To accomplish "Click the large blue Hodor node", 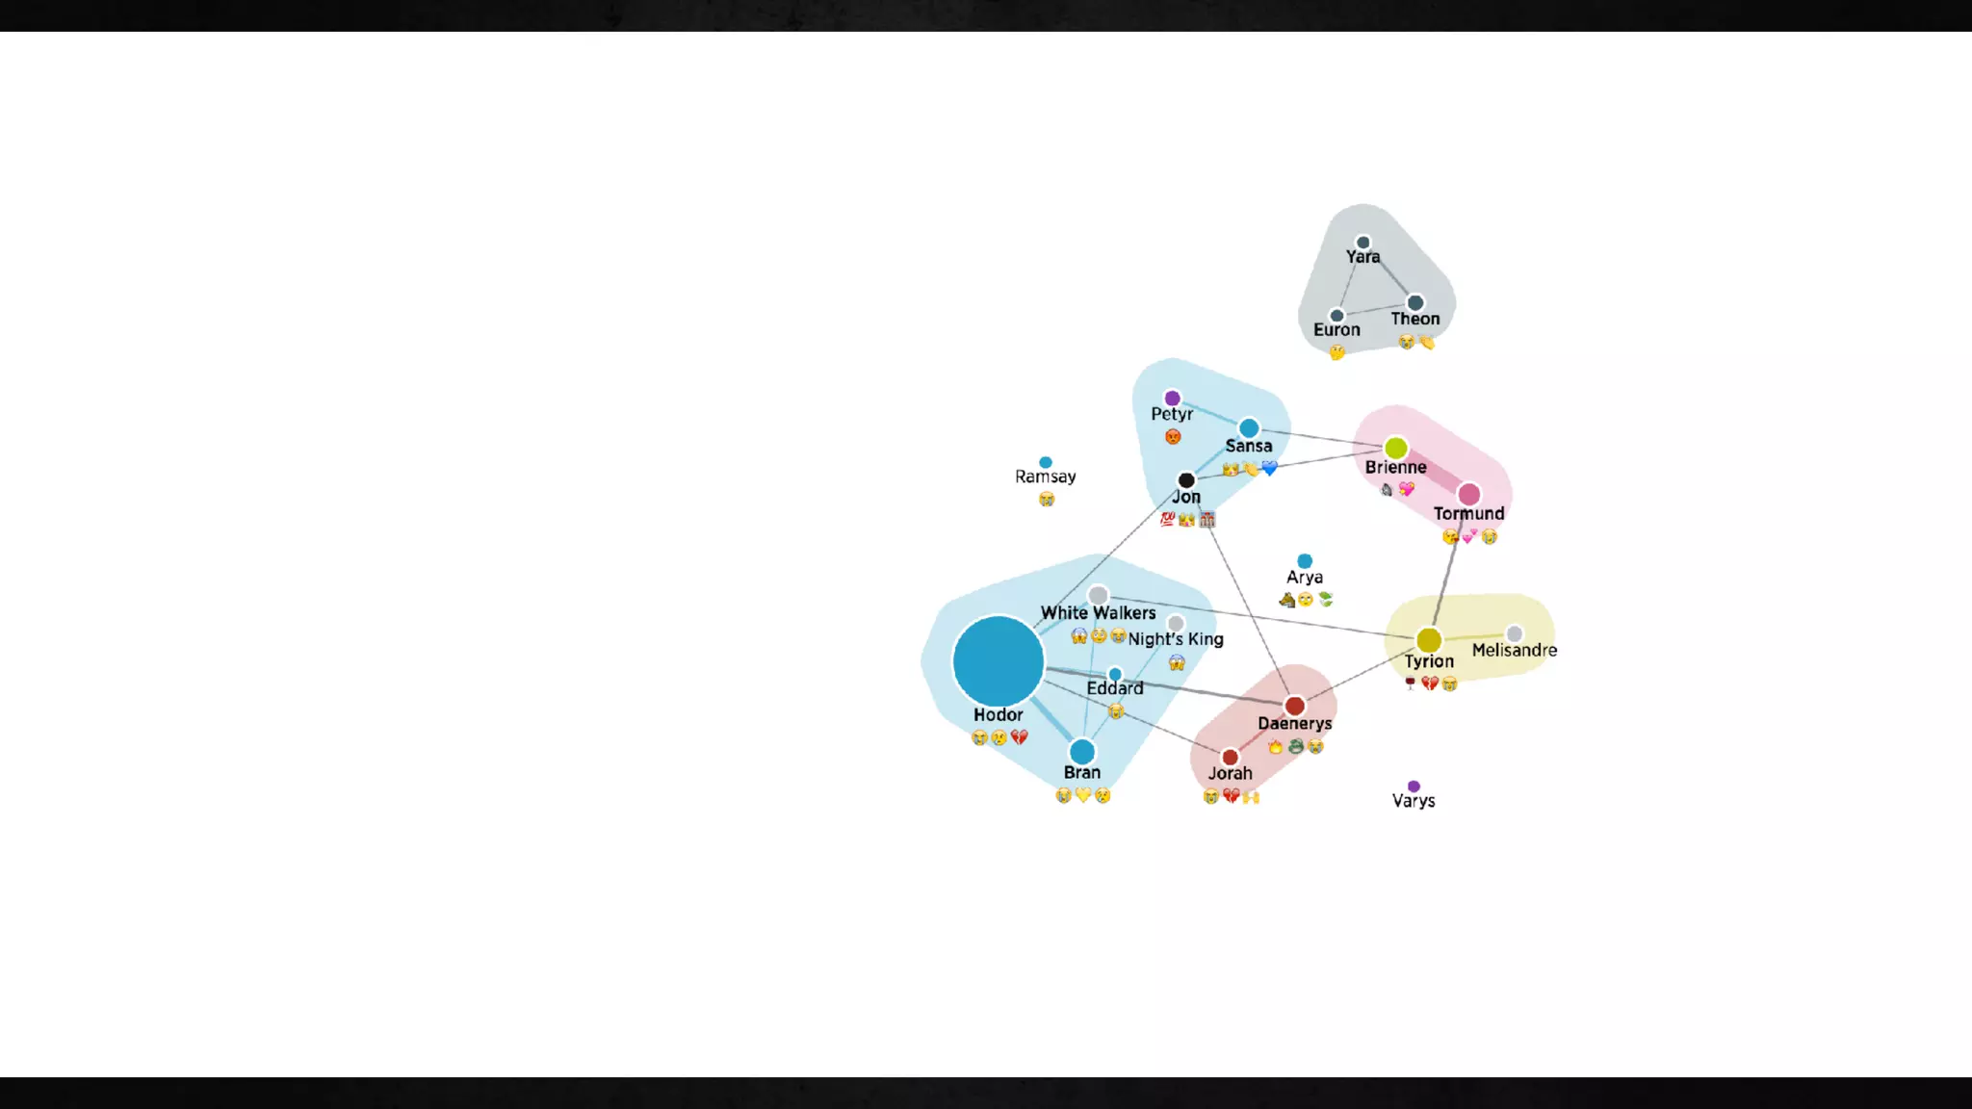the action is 999,661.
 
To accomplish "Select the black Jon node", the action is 1186,479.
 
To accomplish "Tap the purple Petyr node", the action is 1172,399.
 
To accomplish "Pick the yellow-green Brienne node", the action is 1395,448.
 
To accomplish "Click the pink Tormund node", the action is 1468,495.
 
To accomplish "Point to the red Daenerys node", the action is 1295,707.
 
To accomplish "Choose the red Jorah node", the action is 1230,758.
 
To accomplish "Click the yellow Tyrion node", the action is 1429,640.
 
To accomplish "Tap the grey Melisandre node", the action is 1515,633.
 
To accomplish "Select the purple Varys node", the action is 1414,787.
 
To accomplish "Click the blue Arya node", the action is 1305,561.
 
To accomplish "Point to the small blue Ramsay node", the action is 1046,462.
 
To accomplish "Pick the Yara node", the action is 1362,243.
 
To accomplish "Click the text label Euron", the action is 1336,330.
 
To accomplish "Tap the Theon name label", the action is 1415,319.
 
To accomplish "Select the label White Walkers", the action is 1098,613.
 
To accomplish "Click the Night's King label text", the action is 1176,639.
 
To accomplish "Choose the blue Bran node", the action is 1082,751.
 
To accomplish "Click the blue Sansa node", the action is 1249,428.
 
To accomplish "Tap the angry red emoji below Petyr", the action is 1173,437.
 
